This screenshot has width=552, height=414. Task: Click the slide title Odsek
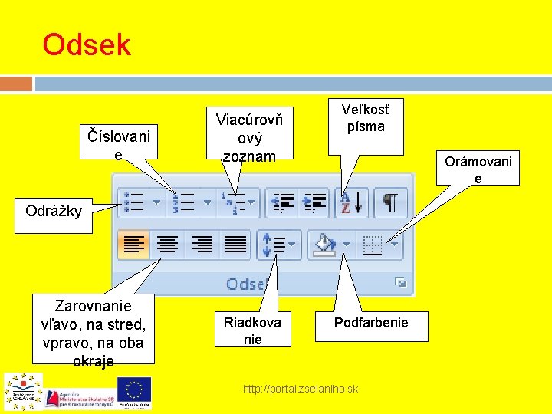pyautogui.click(x=87, y=45)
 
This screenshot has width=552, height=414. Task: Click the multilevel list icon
pyautogui.click(x=233, y=202)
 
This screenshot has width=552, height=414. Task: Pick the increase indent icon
pyautogui.click(x=315, y=202)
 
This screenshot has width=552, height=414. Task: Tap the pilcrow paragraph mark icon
pyautogui.click(x=390, y=202)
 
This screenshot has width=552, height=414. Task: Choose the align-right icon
pyautogui.click(x=202, y=245)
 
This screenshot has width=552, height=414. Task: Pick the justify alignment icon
pyautogui.click(x=235, y=245)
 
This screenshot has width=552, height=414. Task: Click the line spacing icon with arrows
pyautogui.click(x=274, y=245)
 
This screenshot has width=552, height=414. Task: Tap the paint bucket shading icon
pyautogui.click(x=325, y=245)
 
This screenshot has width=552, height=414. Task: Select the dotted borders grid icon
pyautogui.click(x=373, y=245)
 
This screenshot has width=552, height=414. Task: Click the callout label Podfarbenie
pyautogui.click(x=371, y=323)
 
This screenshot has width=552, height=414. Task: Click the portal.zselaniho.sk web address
pyautogui.click(x=300, y=389)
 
